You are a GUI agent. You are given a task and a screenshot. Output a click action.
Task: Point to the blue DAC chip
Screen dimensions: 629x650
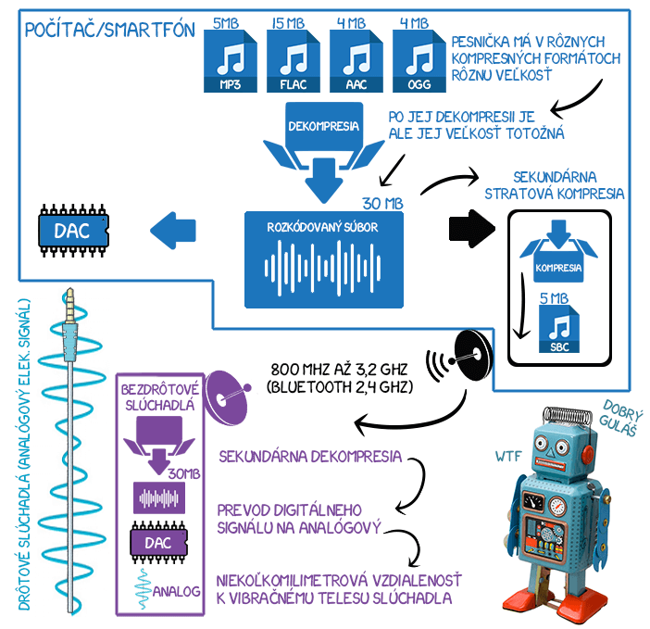click(x=71, y=231)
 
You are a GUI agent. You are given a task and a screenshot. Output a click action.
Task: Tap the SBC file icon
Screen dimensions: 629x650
click(x=558, y=332)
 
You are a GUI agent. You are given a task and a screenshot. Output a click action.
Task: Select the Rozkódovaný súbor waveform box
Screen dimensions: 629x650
click(x=323, y=259)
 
